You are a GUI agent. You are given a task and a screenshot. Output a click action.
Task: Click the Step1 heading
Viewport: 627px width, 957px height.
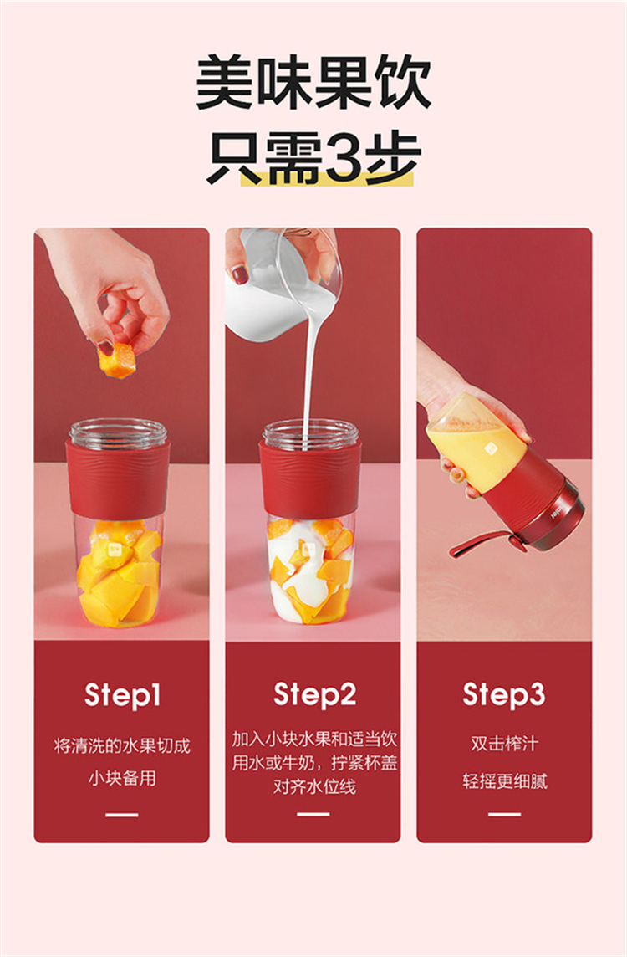pyautogui.click(x=122, y=695)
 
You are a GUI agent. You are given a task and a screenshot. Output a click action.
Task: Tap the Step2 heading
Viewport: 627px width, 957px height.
pyautogui.click(x=314, y=694)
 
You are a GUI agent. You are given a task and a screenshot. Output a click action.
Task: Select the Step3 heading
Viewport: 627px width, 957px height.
pyautogui.click(x=504, y=694)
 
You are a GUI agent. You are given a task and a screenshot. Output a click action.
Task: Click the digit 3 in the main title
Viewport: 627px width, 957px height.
pyautogui.click(x=344, y=157)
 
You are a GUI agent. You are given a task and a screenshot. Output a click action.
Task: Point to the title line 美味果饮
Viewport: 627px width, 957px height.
pyautogui.click(x=313, y=82)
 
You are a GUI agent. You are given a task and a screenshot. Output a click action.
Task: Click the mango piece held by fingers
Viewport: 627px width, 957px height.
pyautogui.click(x=116, y=360)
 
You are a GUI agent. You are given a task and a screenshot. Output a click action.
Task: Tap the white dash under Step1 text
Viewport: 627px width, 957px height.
pyautogui.click(x=121, y=814)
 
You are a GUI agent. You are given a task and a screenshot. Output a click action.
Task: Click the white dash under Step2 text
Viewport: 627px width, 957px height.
pyautogui.click(x=313, y=814)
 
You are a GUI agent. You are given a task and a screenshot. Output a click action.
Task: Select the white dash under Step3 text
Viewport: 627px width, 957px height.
pyautogui.click(x=504, y=814)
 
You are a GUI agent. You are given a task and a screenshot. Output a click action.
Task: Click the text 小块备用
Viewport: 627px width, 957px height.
pyautogui.click(x=122, y=778)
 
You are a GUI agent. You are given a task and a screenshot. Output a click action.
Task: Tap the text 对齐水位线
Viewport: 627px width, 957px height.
pyautogui.click(x=314, y=786)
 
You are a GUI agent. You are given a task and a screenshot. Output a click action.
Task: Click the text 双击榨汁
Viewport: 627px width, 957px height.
pyautogui.click(x=504, y=744)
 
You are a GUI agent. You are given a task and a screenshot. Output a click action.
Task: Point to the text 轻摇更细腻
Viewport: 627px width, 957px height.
pyautogui.click(x=504, y=781)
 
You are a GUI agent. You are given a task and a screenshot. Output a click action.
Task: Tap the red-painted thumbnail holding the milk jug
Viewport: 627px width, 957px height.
pyautogui.click(x=241, y=276)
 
